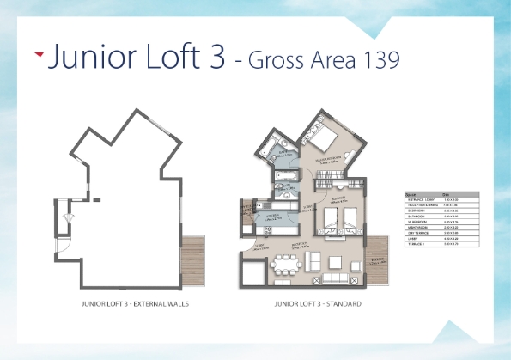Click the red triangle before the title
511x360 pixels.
point(39,54)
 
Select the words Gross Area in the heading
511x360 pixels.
point(301,59)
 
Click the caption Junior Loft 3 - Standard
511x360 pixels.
point(317,304)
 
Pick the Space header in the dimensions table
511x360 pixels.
point(410,195)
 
